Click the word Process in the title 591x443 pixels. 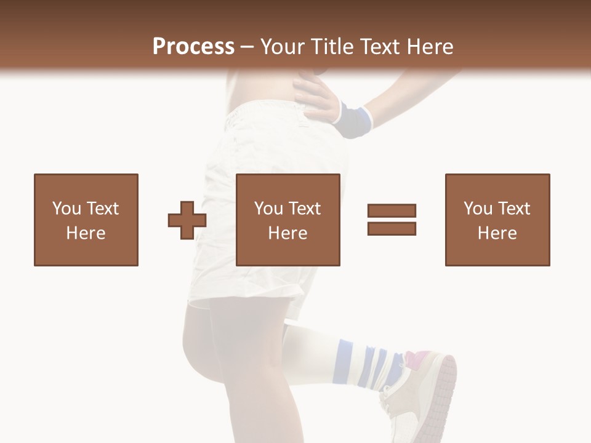[193, 47]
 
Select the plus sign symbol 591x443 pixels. [187, 220]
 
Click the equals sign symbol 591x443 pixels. [392, 220]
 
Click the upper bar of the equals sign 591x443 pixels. [392, 211]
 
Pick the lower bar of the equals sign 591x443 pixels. [392, 228]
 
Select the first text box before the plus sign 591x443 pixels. [86, 220]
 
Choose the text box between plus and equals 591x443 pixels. [287, 220]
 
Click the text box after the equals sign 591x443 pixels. [497, 220]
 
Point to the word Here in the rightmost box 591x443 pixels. [497, 233]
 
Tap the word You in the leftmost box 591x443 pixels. [66, 209]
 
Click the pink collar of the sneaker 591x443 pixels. [417, 357]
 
